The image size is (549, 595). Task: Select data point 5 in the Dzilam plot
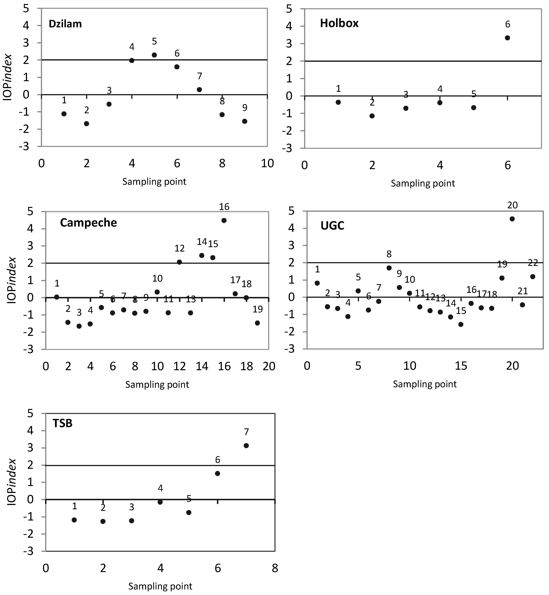click(154, 55)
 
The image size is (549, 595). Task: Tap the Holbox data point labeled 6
click(507, 38)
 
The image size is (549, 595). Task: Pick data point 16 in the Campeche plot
click(224, 220)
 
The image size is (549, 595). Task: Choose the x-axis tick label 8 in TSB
click(275, 568)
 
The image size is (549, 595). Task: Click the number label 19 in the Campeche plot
click(258, 310)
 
